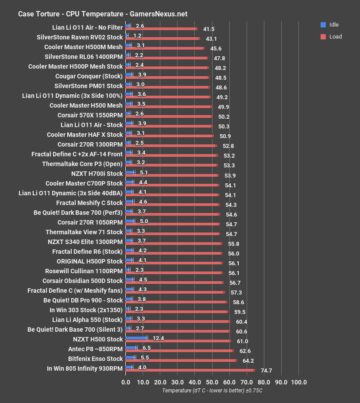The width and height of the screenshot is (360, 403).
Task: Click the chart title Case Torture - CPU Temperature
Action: (102, 14)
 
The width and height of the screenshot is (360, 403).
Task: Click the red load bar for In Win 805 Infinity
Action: (190, 370)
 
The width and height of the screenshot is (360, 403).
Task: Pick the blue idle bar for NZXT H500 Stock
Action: (136, 337)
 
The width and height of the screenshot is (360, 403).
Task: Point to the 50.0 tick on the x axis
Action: (212, 382)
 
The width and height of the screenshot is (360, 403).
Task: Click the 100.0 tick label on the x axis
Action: (298, 382)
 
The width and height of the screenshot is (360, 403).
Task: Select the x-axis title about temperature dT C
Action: (212, 391)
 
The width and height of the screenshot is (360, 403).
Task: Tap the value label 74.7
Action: (266, 370)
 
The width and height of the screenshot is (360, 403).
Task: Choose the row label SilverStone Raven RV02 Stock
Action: (80, 37)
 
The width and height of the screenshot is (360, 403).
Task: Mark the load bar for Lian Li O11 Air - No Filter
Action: (161, 29)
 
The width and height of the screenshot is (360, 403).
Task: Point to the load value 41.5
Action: (209, 29)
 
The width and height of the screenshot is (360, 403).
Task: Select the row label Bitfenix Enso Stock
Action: (95, 359)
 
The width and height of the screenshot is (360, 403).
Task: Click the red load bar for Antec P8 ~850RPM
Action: (179, 351)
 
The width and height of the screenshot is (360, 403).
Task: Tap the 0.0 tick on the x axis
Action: (126, 382)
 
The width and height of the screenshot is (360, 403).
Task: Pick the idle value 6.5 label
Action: (146, 348)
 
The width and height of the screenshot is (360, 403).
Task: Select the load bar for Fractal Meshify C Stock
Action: (172, 205)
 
